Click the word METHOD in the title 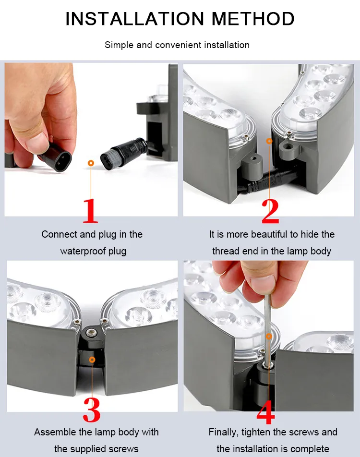(253, 19)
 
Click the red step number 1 (91, 211)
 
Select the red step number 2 (270, 211)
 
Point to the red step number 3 (92, 410)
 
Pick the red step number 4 (265, 412)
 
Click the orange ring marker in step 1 (91, 163)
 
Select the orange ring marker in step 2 (269, 141)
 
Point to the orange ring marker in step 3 (92, 360)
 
